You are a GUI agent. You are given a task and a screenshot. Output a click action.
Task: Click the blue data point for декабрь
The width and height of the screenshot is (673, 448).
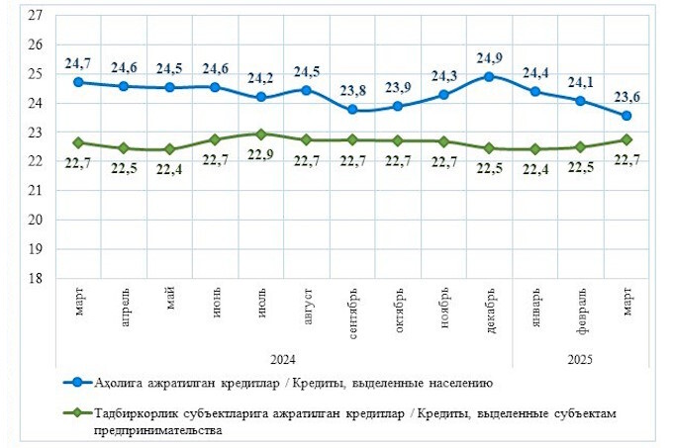point(489,76)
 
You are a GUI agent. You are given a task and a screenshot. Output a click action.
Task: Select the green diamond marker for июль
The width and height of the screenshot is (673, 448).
point(261,134)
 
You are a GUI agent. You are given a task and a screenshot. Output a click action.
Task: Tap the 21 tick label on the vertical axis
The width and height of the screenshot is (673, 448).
point(36,191)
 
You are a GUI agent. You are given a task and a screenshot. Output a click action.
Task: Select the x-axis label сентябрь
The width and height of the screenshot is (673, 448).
point(353,314)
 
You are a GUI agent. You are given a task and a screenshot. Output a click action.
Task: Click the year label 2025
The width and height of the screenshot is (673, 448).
point(581,358)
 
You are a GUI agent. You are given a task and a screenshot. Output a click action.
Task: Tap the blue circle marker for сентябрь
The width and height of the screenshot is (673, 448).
point(352,110)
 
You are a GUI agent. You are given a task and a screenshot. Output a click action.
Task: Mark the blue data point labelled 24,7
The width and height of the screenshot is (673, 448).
point(78,82)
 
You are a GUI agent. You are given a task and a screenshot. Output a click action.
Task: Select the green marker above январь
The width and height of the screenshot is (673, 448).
point(535,149)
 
